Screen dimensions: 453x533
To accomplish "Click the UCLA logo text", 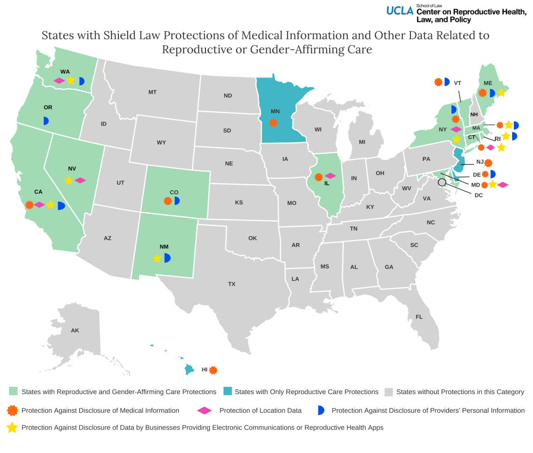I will pos(400,10).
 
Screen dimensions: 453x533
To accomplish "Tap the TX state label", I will pos(232,284).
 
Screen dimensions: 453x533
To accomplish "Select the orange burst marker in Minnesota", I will pos(273,123).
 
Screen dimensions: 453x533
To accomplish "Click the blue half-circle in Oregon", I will pos(45,120).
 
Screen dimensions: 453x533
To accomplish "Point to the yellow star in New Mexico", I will pos(156,258).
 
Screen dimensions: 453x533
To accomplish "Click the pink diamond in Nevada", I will pos(80,180).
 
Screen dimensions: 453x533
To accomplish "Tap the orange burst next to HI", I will pos(213,370).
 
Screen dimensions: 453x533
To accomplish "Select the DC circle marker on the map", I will pos(442,183).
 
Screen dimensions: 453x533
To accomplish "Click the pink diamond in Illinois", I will pos(330,176).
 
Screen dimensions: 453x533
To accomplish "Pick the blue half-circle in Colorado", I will pos(176,201).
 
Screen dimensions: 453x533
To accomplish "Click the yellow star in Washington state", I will pos(70,80).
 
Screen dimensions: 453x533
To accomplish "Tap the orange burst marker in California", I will pos(29,205).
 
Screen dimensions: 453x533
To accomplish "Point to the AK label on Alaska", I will pos(75,330).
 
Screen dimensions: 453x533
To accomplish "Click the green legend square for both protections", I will pos(13,391).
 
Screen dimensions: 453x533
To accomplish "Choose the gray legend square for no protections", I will pos(388,391).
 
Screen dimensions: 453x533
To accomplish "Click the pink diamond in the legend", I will pos(204,410).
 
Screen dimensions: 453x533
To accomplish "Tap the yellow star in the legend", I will pos(13,427).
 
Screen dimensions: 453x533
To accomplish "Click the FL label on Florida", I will pos(419,317).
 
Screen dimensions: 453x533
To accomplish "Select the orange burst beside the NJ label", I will pos(488,163).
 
